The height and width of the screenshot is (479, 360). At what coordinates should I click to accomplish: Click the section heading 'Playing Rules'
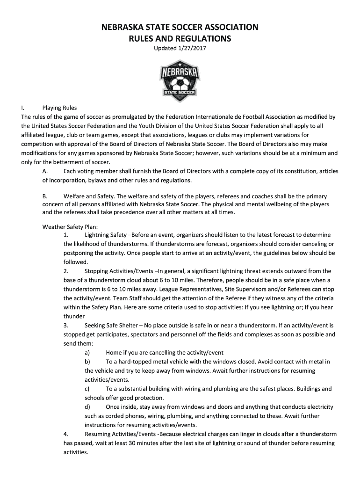(59, 108)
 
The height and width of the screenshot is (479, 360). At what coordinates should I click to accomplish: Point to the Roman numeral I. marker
(24, 108)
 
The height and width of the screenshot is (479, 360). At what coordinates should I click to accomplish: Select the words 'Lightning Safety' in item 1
(105, 235)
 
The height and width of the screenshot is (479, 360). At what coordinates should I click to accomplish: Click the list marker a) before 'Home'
(87, 352)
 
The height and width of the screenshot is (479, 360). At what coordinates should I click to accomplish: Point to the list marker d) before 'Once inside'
(87, 407)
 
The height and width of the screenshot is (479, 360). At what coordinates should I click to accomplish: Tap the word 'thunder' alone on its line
(74, 316)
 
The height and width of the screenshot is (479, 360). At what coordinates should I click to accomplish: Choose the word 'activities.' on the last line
(76, 452)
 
